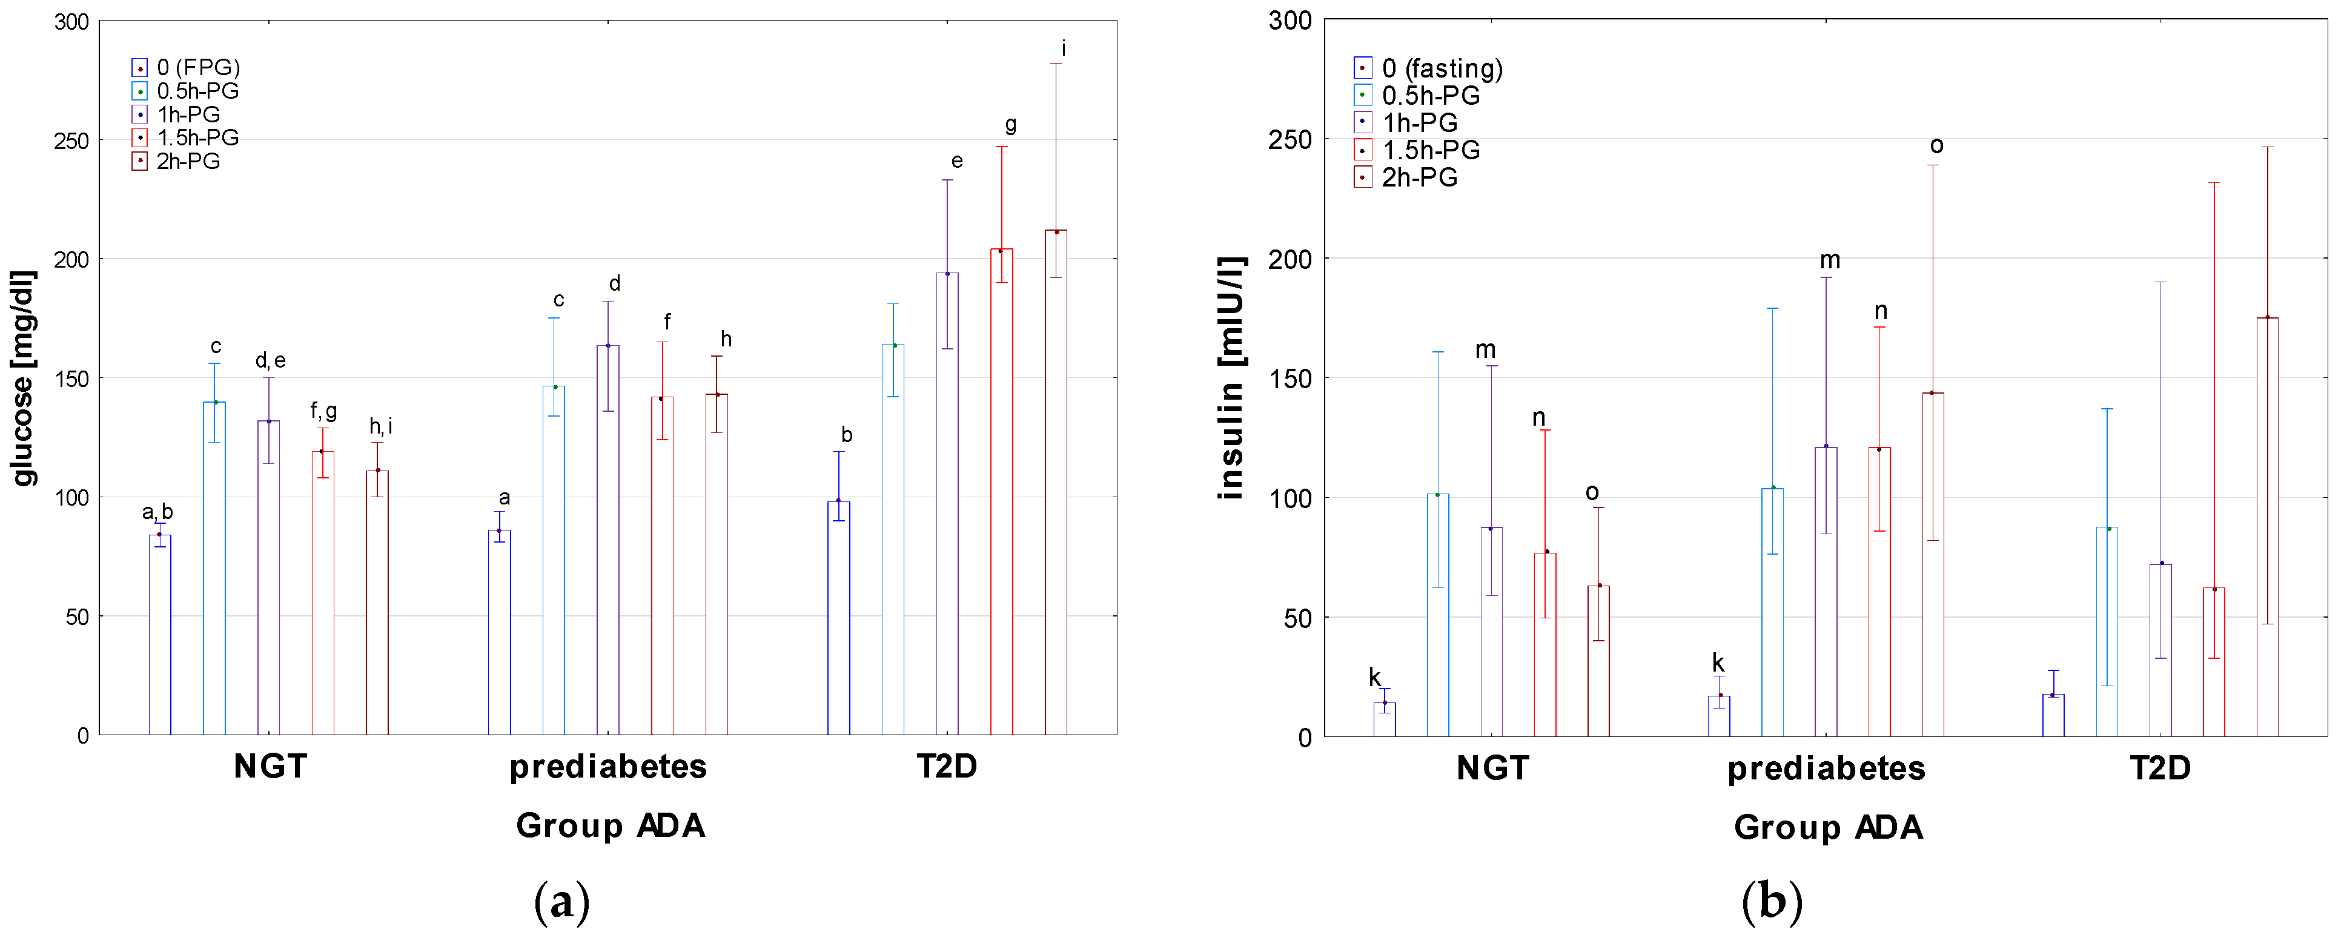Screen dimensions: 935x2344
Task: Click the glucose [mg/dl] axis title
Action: [23, 377]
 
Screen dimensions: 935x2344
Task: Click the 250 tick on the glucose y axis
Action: [72, 141]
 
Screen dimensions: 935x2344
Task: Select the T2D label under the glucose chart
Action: [946, 767]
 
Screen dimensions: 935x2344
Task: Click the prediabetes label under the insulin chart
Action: [1826, 768]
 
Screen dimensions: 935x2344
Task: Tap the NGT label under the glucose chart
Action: [270, 767]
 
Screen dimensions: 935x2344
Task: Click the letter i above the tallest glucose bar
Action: [1063, 48]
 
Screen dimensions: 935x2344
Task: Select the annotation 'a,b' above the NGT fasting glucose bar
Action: [157, 512]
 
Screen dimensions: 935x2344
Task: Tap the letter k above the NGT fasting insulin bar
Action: [1374, 678]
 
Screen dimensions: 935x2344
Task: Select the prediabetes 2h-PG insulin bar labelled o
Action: [1933, 564]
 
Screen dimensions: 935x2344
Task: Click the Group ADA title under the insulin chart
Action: [1828, 828]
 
